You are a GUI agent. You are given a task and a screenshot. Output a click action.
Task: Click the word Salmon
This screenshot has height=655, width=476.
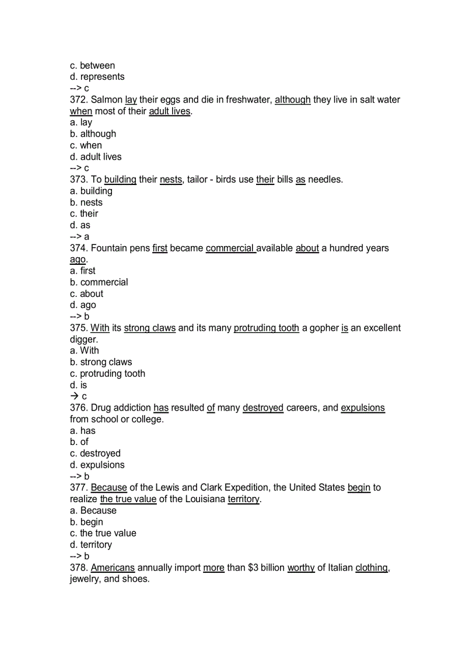(107, 100)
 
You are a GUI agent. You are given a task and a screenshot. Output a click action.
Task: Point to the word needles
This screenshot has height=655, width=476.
(325, 180)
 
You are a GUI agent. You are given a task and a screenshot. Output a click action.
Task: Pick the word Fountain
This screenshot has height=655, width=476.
(110, 248)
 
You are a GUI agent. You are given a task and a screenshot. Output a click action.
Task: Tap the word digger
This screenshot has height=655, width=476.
(84, 339)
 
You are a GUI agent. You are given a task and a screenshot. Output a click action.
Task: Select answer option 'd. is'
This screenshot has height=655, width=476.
(78, 386)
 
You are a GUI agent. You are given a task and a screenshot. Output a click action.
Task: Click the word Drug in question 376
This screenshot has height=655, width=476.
(100, 408)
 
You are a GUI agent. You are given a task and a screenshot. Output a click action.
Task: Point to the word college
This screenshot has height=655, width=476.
(148, 419)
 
